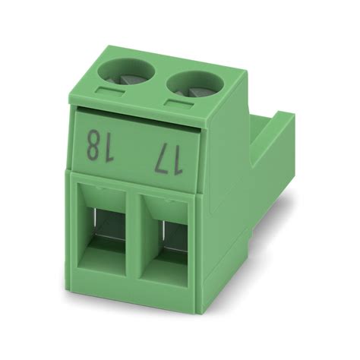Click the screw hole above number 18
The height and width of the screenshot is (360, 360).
123,74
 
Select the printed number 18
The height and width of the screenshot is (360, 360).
97,144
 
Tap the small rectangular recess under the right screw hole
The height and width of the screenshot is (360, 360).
175,105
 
